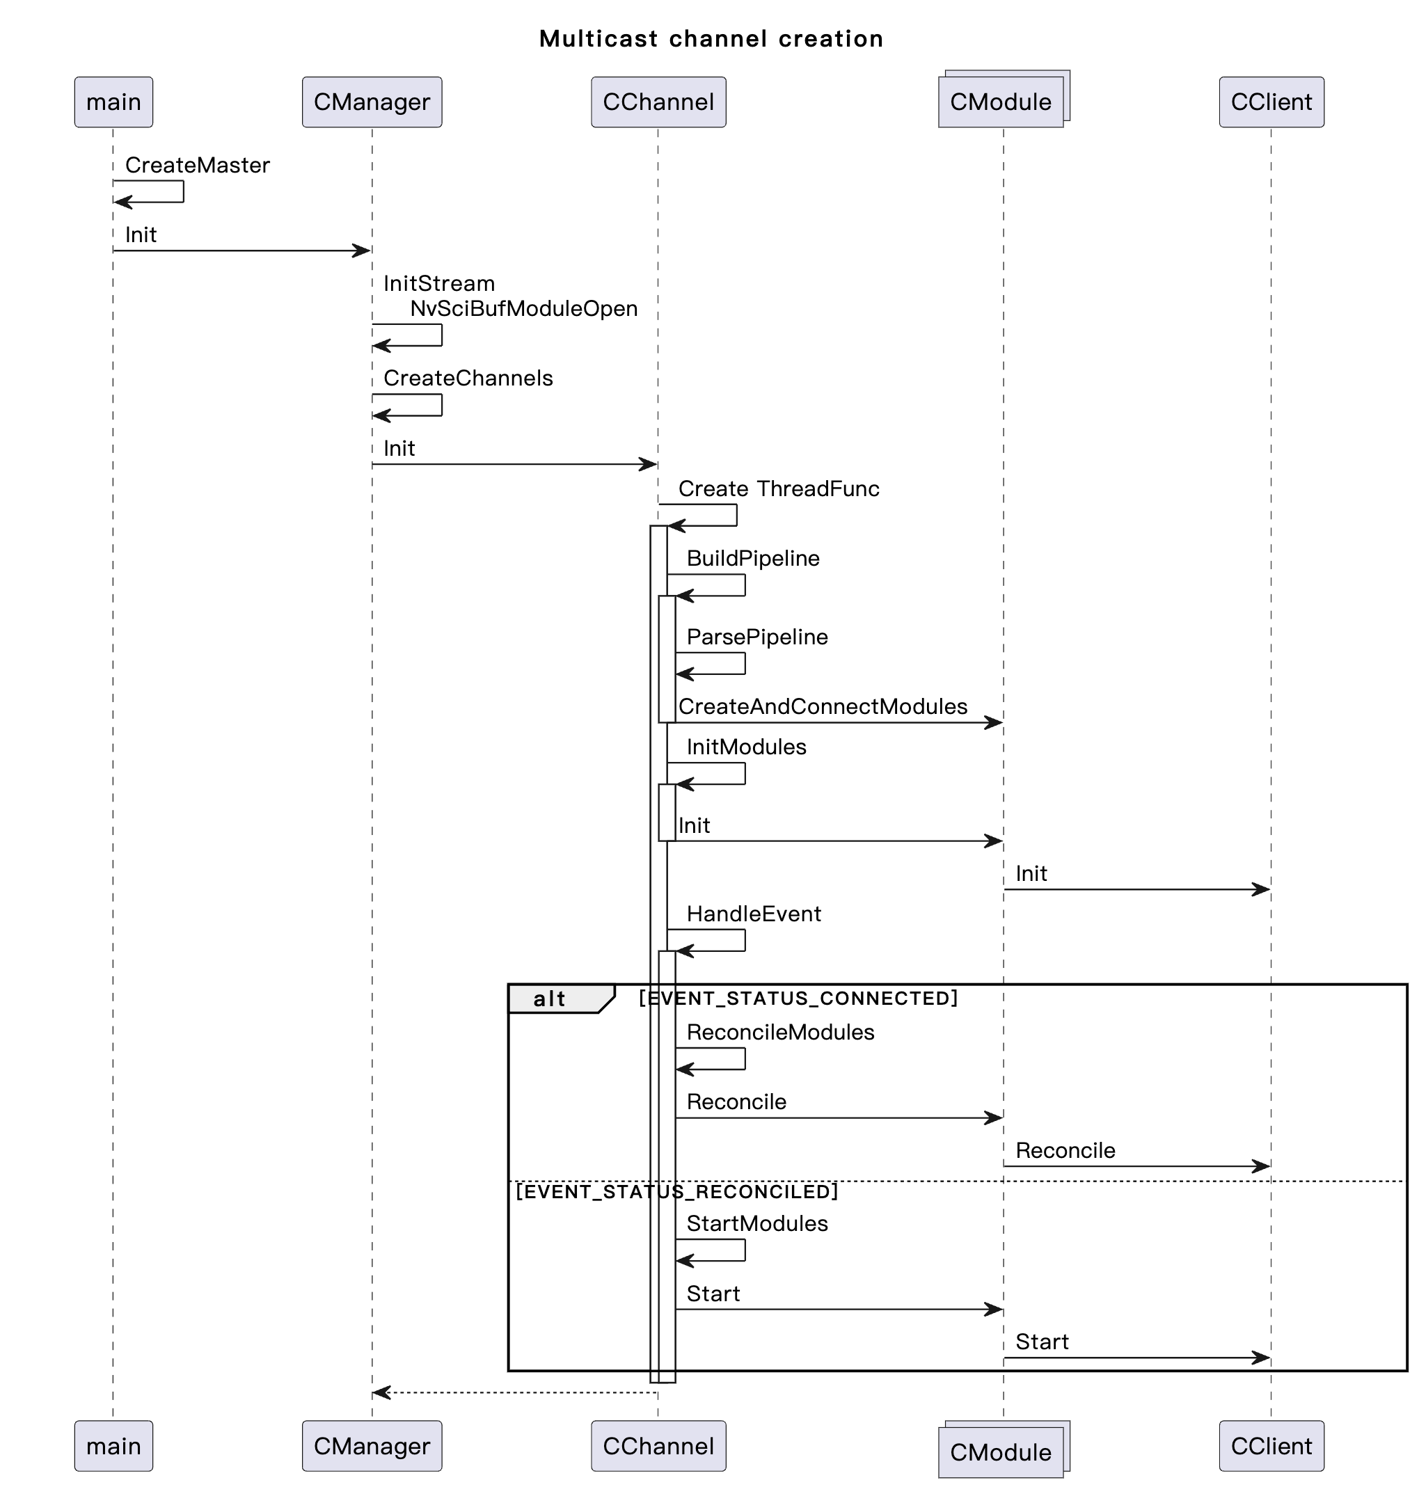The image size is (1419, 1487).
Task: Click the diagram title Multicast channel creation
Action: coord(711,38)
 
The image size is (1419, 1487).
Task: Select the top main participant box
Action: coord(113,102)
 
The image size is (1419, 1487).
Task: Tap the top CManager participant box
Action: coord(372,102)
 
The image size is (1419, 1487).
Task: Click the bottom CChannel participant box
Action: coord(658,1445)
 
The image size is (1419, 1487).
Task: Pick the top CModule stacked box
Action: coord(1000,102)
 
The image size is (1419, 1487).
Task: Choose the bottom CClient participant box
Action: coord(1271,1445)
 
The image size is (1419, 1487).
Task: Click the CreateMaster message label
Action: coord(197,165)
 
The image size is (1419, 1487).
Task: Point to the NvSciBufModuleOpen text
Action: coord(523,308)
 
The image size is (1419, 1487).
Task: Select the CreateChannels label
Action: coord(468,378)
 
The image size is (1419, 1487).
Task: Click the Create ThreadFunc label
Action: coord(778,488)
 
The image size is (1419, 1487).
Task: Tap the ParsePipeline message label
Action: coord(756,637)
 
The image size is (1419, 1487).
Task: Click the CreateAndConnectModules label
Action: coord(822,706)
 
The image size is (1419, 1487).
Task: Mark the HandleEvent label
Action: coord(754,914)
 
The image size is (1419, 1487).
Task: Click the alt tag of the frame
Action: coord(550,999)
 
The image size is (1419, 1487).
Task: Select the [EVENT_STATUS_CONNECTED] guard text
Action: coord(798,999)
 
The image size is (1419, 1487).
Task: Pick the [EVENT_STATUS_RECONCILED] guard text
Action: coord(677,1191)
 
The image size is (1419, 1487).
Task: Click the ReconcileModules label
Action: coord(780,1033)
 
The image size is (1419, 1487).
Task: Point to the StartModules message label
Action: coord(756,1224)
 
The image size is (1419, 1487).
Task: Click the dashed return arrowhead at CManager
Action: coord(381,1392)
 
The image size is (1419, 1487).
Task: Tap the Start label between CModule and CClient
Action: coord(1042,1342)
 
